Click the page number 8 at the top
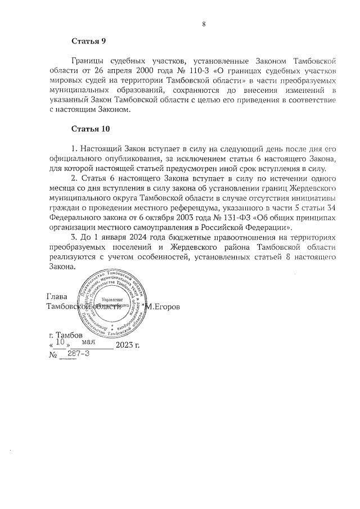coord(204,24)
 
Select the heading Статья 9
coord(88,42)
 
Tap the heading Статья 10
coord(91,129)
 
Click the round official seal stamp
coord(113,305)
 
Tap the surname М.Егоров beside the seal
coord(164,307)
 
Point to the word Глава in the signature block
coord(57,297)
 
